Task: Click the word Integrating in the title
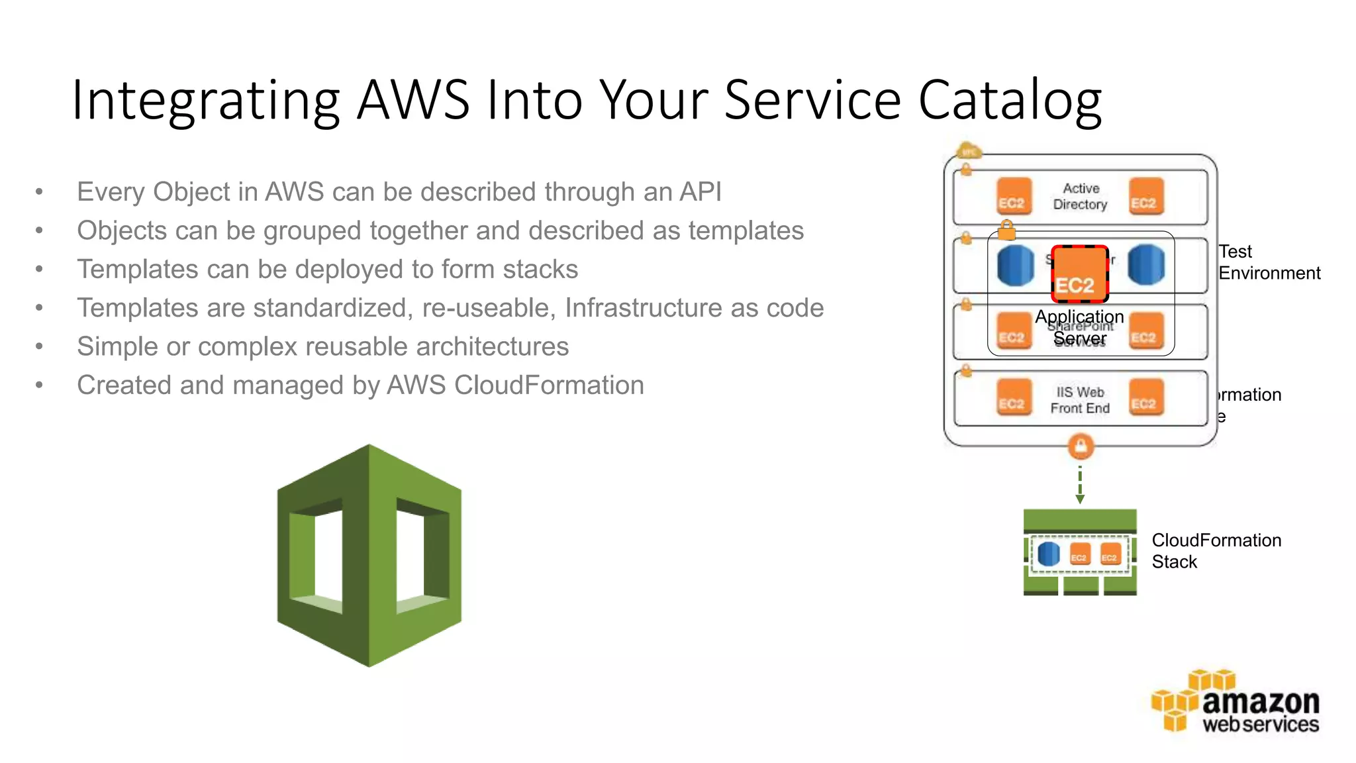coord(205,101)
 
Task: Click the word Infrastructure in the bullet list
coord(644,308)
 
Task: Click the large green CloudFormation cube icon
coord(369,555)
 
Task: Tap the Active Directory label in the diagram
coord(1080,197)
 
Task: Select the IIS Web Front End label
coord(1080,400)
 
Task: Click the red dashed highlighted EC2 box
coord(1079,274)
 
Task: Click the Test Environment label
coord(1268,262)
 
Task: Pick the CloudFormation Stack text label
coord(1216,551)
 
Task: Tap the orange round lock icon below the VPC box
coord(1081,446)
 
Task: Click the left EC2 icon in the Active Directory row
coord(1014,196)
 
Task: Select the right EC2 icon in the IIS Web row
coord(1145,397)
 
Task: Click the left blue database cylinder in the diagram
coord(1015,265)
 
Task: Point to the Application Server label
coord(1080,328)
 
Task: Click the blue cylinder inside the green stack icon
coord(1048,554)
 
